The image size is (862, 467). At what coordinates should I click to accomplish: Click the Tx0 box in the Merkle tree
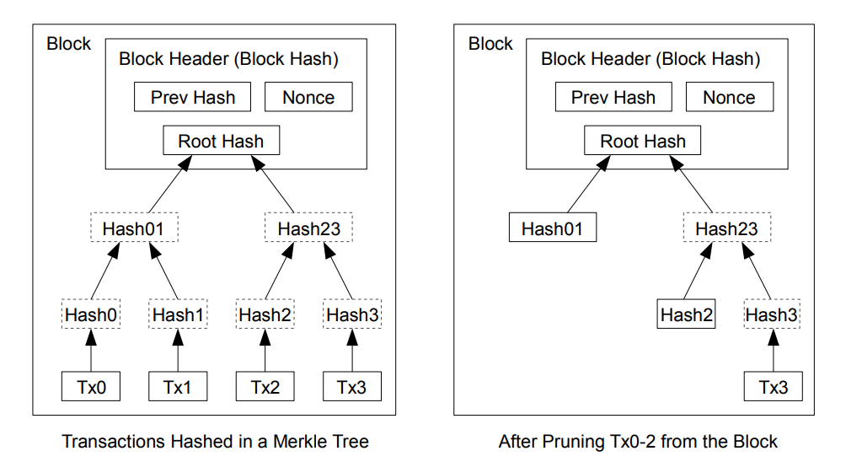point(91,386)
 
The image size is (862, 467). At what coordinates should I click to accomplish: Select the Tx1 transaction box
point(178,386)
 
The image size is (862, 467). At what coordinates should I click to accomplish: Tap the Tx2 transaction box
point(265,386)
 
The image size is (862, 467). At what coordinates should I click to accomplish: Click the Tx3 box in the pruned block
point(773,386)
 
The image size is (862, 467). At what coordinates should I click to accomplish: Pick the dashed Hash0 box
point(91,314)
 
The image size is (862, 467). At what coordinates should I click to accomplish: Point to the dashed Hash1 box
point(178,314)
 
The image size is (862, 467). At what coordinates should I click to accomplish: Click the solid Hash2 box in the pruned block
point(686,314)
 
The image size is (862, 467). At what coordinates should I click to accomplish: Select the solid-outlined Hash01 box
point(553,227)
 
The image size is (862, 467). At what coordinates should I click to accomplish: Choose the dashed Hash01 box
point(134,227)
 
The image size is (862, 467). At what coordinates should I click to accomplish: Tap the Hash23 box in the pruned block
point(727,227)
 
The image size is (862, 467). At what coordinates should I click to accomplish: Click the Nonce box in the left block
point(308,97)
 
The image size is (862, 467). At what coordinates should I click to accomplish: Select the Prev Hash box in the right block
point(613,97)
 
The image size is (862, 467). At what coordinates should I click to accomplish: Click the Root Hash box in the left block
point(221,140)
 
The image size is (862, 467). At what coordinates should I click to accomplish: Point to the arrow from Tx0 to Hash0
point(91,351)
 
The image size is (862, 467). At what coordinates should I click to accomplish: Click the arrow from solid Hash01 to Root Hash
point(589,185)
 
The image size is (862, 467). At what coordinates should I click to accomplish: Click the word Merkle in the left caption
point(297,441)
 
